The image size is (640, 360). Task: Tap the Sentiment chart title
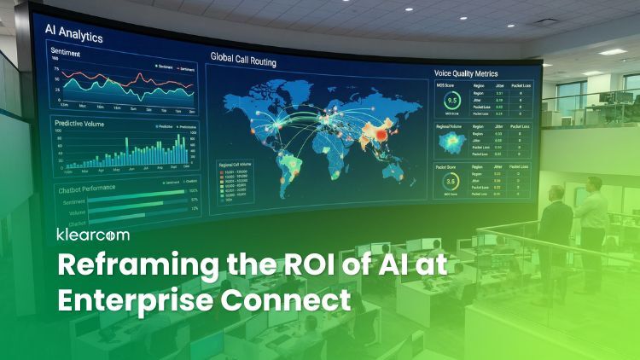[66, 51]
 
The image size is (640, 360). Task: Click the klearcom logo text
[91, 234]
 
